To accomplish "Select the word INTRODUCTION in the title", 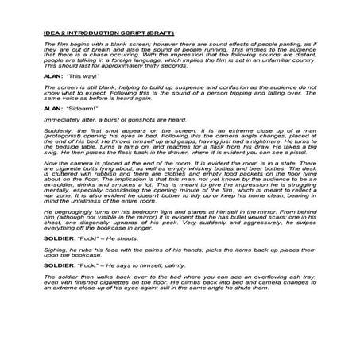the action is pyautogui.click(x=100, y=33).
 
